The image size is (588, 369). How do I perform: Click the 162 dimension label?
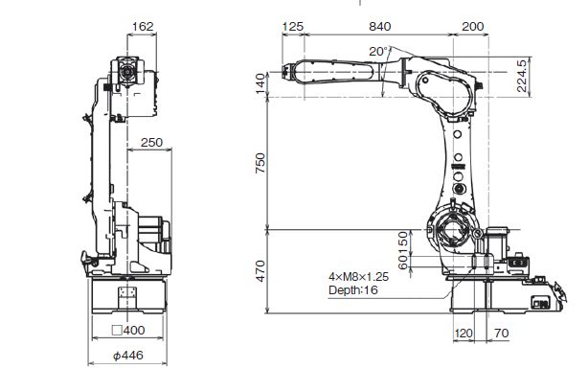[x=143, y=26]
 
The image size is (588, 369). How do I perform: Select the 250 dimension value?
[x=151, y=142]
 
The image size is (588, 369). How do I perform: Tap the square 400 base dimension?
[x=128, y=330]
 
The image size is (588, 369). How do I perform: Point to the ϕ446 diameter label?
[x=128, y=355]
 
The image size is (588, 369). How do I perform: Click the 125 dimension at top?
[x=292, y=26]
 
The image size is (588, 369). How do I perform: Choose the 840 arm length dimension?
[x=379, y=26]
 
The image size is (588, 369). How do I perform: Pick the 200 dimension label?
[x=473, y=26]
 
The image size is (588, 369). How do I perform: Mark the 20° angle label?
[x=378, y=52]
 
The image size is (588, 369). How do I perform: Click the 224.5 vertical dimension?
[x=522, y=77]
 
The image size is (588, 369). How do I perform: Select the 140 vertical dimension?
[x=260, y=83]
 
